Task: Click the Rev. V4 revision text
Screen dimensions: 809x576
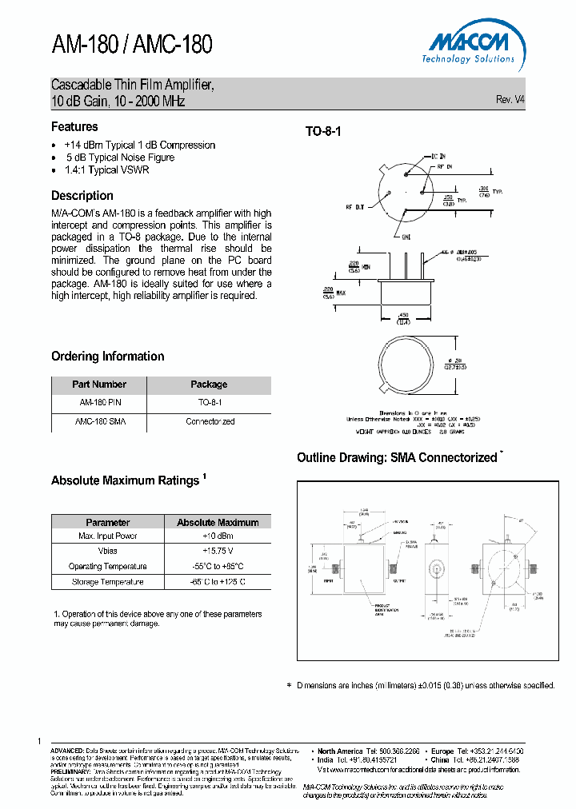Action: coord(510,99)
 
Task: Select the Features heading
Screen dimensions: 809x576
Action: coord(74,126)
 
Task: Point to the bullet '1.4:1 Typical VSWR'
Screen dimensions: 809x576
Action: coord(107,169)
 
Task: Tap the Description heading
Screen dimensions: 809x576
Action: coord(82,195)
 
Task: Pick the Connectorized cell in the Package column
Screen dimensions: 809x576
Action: coord(210,421)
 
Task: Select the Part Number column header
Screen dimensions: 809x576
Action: coord(99,385)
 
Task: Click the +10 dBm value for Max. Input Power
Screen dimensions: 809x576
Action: coord(218,536)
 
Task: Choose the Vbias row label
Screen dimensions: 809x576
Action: coord(108,552)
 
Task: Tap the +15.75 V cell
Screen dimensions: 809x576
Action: coord(218,552)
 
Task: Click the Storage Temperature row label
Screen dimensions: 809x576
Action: coord(108,582)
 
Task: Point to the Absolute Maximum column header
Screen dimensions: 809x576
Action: coord(218,522)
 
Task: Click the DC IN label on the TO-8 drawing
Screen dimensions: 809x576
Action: coord(439,157)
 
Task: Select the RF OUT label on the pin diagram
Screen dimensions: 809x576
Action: coord(354,207)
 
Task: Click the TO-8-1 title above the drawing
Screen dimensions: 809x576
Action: coord(323,132)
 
